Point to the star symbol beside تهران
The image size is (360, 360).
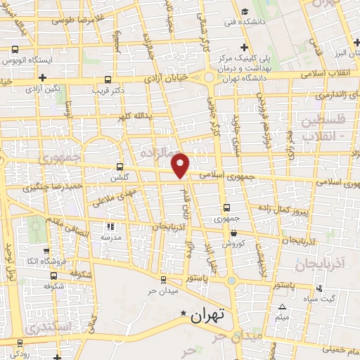(x=184, y=313)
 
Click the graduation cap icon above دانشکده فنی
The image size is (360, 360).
(x=244, y=11)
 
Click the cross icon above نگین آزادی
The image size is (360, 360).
(x=42, y=77)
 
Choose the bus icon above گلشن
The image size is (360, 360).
(x=120, y=167)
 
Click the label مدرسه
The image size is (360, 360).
(x=110, y=238)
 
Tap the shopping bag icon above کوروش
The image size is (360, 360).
(x=235, y=233)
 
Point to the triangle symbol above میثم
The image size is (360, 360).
(x=283, y=307)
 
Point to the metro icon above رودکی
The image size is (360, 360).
(x=19, y=344)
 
